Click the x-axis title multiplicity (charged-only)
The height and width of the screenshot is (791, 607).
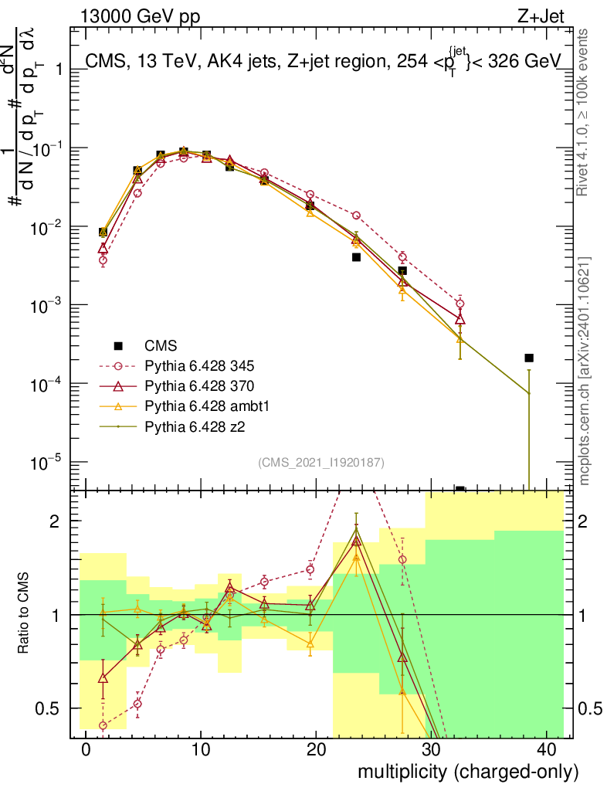[467, 771]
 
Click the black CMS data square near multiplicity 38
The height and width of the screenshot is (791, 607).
[529, 358]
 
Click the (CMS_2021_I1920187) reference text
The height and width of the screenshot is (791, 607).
[321, 462]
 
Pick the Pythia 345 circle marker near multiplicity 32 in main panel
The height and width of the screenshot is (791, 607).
[460, 304]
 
